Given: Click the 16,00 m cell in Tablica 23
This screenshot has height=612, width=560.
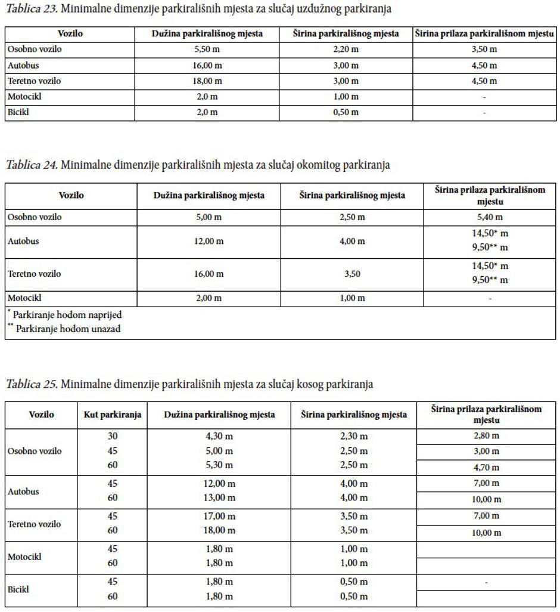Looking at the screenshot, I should (x=207, y=66).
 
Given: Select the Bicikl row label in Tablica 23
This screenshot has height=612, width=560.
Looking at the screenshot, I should (x=18, y=112).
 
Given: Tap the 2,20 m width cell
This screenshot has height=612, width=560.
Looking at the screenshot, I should (x=346, y=50).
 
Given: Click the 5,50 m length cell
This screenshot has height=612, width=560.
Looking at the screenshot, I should (x=207, y=50).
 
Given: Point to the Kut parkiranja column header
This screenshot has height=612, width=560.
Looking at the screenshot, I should (x=112, y=415).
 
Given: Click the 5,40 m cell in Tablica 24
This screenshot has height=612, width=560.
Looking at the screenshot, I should (x=490, y=217).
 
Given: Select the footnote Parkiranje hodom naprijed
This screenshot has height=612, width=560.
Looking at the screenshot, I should (x=67, y=314).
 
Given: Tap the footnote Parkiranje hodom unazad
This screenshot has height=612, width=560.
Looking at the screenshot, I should (x=67, y=329).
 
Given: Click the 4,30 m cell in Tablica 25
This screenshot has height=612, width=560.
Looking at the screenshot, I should (x=219, y=436).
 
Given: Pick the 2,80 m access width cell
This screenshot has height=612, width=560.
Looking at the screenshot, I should (x=486, y=436).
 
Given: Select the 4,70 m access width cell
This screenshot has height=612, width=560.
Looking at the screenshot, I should (x=486, y=468).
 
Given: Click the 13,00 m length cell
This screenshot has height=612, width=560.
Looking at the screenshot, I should (x=219, y=498).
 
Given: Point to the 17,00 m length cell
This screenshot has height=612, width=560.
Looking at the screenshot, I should (x=219, y=516).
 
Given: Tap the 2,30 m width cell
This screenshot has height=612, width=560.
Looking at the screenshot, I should (x=354, y=436).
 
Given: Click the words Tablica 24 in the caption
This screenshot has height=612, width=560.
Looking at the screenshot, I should (x=32, y=165).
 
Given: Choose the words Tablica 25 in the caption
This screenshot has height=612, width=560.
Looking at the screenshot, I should (x=32, y=384).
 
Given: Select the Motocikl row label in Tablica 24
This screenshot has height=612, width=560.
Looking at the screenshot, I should (x=24, y=298).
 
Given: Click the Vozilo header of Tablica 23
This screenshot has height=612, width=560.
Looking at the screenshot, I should (x=70, y=34).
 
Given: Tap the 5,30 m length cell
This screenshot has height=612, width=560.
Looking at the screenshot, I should (x=219, y=465).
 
